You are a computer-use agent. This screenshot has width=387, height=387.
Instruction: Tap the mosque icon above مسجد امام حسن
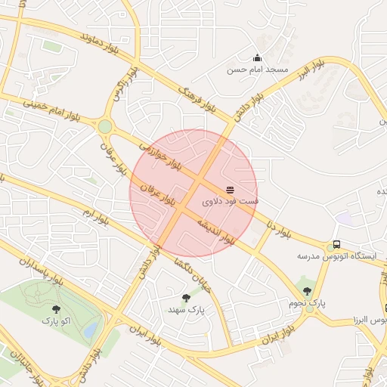click(x=257, y=57)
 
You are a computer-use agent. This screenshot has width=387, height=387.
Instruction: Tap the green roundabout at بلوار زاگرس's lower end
click(x=105, y=126)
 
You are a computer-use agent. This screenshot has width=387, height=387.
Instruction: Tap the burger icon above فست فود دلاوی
click(x=230, y=189)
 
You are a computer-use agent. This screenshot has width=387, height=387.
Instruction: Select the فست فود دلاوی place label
click(x=231, y=202)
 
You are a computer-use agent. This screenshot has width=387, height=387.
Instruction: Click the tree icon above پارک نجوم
click(x=307, y=291)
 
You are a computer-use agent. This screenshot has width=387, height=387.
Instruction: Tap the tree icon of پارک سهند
click(x=186, y=298)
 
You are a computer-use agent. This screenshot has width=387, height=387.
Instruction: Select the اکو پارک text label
click(x=55, y=321)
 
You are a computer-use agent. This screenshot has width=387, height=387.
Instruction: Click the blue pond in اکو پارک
click(x=90, y=330)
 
